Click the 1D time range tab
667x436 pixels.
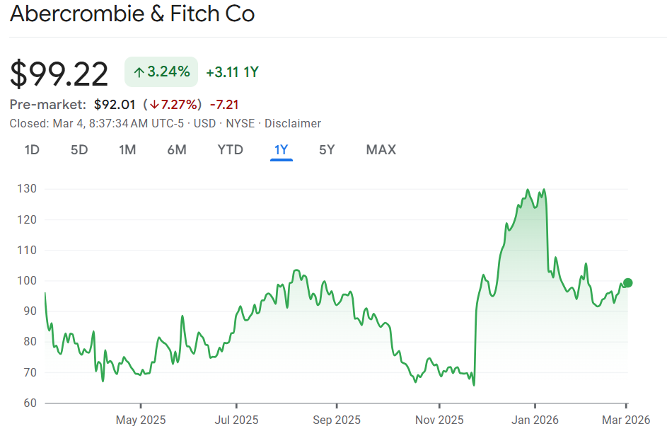click(32, 149)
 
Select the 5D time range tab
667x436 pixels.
click(79, 149)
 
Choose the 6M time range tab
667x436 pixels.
click(177, 149)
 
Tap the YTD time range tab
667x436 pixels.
click(230, 149)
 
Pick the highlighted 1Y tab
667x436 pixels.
click(282, 149)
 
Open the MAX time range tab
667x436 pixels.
click(381, 149)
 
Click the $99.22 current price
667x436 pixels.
click(59, 74)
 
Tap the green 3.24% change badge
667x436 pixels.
click(161, 71)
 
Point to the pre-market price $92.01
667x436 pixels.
click(115, 105)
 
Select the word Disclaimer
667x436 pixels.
click(293, 123)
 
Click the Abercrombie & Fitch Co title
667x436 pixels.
click(132, 14)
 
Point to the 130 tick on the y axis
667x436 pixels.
click(28, 189)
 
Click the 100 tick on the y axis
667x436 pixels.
click(28, 281)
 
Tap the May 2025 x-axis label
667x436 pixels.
click(141, 420)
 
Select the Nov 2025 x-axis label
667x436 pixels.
click(439, 420)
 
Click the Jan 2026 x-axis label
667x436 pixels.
click(535, 420)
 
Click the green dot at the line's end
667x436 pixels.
click(627, 283)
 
